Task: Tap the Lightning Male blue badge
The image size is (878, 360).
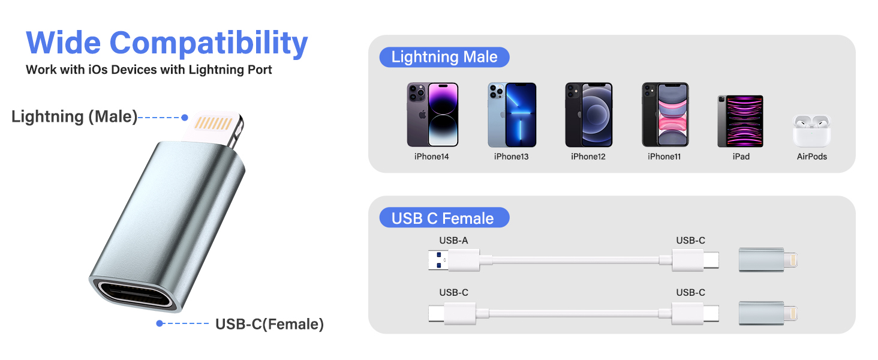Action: pyautogui.click(x=444, y=58)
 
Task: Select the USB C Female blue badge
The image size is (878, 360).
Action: pyautogui.click(x=443, y=218)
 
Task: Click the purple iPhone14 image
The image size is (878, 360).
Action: pyautogui.click(x=432, y=115)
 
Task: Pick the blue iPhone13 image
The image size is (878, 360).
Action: pyautogui.click(x=512, y=115)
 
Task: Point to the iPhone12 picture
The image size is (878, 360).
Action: pyautogui.click(x=588, y=115)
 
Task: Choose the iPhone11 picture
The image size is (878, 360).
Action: pyautogui.click(x=665, y=115)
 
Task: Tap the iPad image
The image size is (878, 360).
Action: pyautogui.click(x=741, y=121)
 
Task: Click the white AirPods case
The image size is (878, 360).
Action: pyautogui.click(x=811, y=131)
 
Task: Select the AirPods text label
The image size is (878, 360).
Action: pyautogui.click(x=812, y=157)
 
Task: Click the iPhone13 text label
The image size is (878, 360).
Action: pyautogui.click(x=512, y=157)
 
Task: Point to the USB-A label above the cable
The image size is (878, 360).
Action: pyautogui.click(x=453, y=241)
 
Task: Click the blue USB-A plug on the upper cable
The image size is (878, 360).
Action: pyautogui.click(x=438, y=260)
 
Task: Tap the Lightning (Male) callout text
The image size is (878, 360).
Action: pyautogui.click(x=74, y=116)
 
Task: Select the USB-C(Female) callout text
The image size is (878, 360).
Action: pyautogui.click(x=269, y=325)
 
